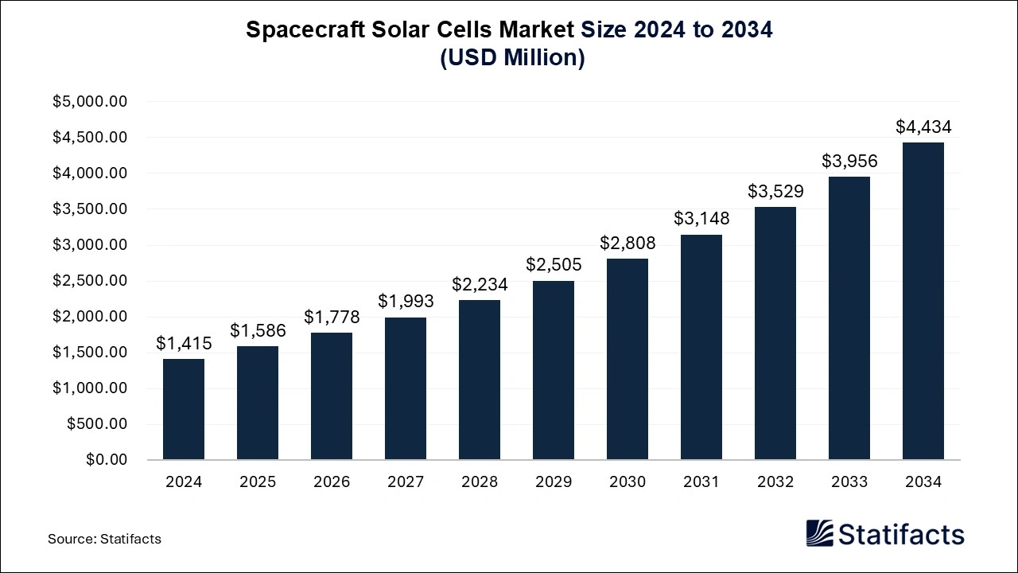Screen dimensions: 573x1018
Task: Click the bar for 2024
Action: click(184, 409)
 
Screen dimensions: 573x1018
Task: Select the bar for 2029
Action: click(554, 370)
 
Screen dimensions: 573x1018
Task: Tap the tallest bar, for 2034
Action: click(923, 301)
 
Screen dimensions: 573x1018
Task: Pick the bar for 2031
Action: click(701, 347)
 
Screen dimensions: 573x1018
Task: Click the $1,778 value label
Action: click(332, 317)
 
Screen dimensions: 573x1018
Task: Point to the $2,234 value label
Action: click(480, 284)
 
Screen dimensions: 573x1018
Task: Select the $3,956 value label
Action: click(849, 161)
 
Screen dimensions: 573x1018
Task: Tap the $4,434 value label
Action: click(923, 127)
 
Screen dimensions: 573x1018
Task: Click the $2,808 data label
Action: click(628, 243)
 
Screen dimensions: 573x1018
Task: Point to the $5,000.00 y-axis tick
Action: click(90, 102)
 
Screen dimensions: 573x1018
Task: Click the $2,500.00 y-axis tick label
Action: click(90, 281)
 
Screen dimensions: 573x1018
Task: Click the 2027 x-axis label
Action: click(406, 482)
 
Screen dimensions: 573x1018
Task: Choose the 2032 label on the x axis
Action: click(775, 482)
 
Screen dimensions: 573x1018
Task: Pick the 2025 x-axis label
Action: click(258, 482)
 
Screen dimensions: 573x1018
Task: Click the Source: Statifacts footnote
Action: click(104, 539)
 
